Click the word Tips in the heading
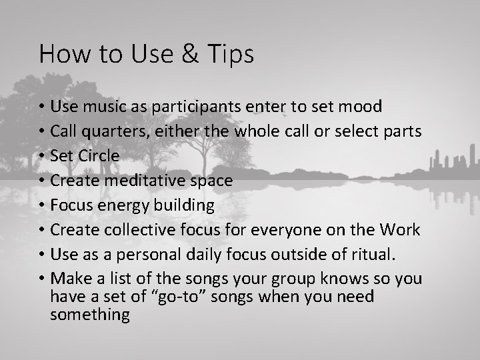230,55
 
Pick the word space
212,181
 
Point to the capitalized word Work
400,230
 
